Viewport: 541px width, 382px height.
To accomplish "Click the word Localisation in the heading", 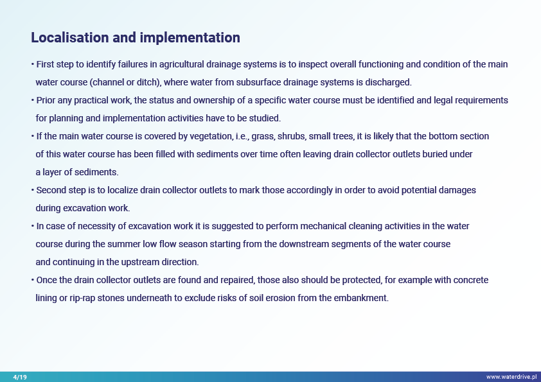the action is pyautogui.click(x=70, y=38).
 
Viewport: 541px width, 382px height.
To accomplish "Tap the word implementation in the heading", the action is pyautogui.click(x=190, y=38).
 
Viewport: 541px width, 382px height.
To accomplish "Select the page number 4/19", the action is pyautogui.click(x=20, y=377).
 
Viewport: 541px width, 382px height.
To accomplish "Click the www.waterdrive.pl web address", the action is pyautogui.click(x=511, y=377).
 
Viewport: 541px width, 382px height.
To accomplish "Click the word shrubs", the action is pyautogui.click(x=292, y=137).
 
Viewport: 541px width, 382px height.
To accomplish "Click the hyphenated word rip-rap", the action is pyautogui.click(x=82, y=299).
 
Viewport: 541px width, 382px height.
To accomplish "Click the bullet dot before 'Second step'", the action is pyautogui.click(x=32, y=190).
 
